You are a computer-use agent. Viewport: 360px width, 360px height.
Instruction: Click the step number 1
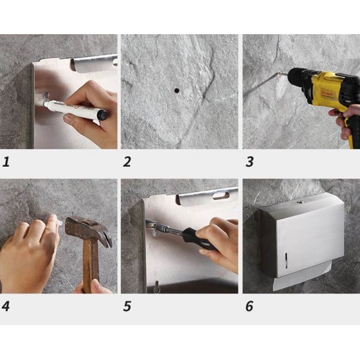7,161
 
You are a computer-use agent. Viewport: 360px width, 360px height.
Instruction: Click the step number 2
127,161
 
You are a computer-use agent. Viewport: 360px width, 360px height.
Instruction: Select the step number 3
249,161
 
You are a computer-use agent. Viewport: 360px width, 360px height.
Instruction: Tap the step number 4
7,306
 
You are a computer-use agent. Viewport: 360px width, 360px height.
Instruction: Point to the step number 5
127,306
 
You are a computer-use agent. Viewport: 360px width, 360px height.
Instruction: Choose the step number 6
249,306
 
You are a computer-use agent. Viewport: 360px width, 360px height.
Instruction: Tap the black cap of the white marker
103,114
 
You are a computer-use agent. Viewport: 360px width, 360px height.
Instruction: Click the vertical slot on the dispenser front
287,260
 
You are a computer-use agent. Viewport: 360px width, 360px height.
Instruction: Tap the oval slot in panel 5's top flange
220,195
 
